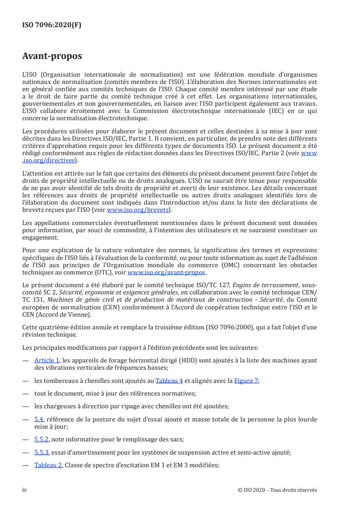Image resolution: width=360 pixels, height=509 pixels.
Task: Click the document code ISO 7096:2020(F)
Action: click(52, 25)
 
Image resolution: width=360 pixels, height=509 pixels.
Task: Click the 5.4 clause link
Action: click(38, 419)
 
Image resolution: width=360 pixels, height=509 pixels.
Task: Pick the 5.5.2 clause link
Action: click(41, 441)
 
